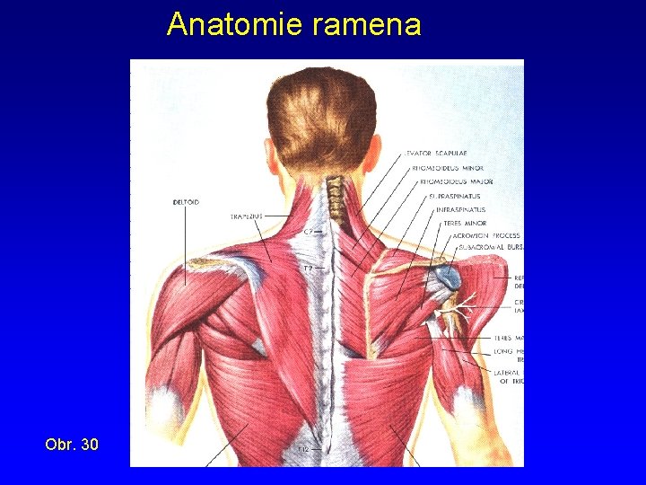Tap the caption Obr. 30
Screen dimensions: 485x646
(x=73, y=444)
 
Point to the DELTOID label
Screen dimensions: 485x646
(x=186, y=202)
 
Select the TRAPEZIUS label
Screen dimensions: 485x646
(x=246, y=216)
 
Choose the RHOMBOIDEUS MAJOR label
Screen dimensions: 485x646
(x=456, y=181)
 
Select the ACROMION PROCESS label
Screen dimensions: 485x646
(x=485, y=236)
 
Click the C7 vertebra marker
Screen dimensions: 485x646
(x=308, y=232)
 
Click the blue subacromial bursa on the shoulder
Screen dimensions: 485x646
(x=450, y=278)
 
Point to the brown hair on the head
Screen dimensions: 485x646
(x=323, y=117)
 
